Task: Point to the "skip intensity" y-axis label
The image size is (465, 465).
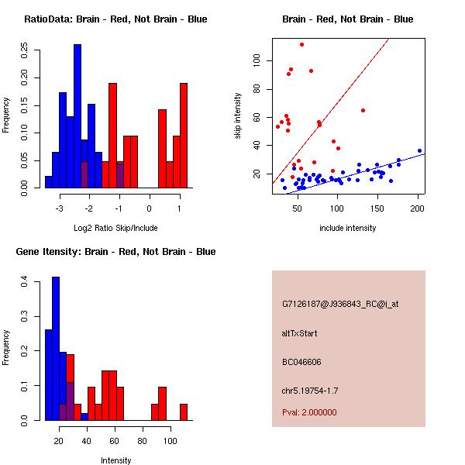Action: (x=238, y=116)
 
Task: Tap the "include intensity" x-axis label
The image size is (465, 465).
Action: (x=348, y=228)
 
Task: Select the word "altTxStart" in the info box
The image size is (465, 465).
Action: (x=300, y=333)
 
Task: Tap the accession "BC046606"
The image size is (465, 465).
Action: (x=302, y=362)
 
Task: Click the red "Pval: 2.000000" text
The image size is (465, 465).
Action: (x=310, y=412)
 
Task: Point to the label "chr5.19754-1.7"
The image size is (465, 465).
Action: (x=310, y=390)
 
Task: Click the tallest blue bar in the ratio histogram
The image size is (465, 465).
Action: (x=77, y=116)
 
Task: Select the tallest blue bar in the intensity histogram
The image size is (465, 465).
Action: (x=56, y=349)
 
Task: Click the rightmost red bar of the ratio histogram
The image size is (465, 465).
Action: (x=184, y=136)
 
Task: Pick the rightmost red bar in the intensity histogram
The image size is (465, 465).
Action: (x=184, y=412)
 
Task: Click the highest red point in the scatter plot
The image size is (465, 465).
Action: (x=301, y=44)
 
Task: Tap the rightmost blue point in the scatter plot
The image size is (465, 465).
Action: (x=419, y=150)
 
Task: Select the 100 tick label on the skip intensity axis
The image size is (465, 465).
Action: (x=257, y=60)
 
